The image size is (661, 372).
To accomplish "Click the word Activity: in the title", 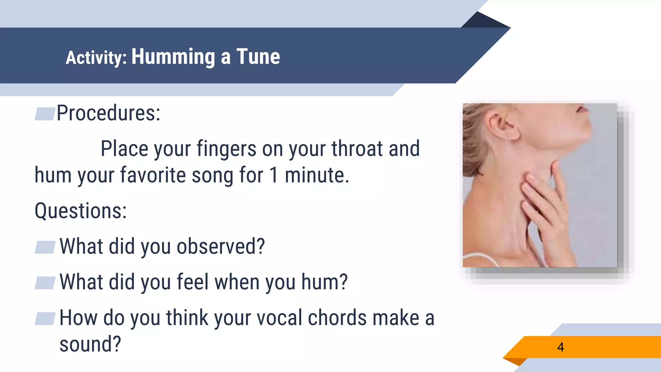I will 96,58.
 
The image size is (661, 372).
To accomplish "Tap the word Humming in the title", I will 173,57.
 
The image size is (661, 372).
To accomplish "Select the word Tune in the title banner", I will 258,57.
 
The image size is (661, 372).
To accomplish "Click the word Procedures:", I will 108,113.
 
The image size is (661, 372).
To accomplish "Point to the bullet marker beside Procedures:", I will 45,114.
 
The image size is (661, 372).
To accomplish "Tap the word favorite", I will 153,175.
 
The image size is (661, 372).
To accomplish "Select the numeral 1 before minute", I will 274,175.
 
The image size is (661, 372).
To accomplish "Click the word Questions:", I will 81,211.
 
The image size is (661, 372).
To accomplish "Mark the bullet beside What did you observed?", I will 45,247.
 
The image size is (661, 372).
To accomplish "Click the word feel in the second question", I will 193,282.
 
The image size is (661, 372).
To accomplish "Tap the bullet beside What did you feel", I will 45,283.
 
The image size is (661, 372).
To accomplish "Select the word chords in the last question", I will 337,318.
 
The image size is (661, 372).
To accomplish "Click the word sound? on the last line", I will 90,344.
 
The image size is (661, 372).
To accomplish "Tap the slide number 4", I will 561,347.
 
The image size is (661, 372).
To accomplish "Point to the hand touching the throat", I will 545,207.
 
